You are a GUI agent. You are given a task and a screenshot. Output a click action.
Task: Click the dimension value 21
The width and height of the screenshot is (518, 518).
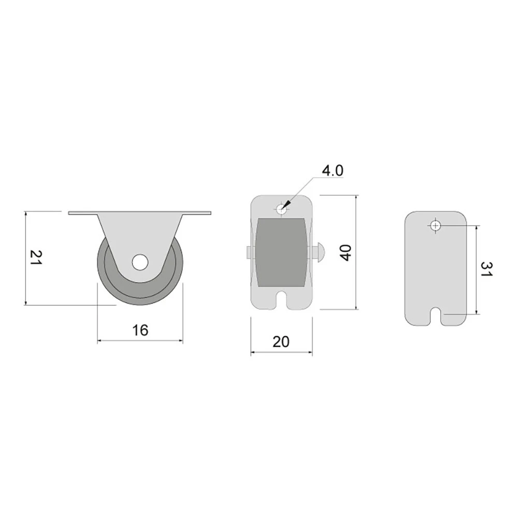[36, 257]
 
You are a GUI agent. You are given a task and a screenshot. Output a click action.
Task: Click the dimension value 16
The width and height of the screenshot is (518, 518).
[140, 330]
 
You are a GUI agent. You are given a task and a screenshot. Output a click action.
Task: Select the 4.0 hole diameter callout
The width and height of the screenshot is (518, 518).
[333, 171]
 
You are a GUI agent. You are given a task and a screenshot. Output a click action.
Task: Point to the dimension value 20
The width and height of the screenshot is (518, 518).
[281, 342]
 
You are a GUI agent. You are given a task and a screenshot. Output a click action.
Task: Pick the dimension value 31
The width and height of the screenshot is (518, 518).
[486, 269]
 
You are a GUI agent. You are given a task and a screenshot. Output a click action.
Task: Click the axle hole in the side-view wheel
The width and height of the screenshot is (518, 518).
[140, 262]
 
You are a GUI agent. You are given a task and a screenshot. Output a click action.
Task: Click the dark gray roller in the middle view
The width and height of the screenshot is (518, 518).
[281, 252]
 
